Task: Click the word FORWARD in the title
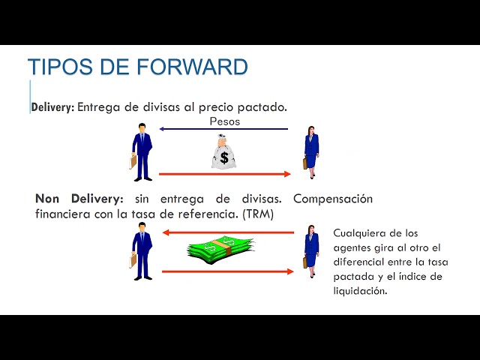(x=193, y=66)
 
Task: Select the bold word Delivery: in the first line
(x=52, y=107)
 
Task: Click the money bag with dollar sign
(x=223, y=151)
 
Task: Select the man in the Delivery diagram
(x=142, y=151)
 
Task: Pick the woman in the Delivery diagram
(x=310, y=151)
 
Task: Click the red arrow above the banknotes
(x=228, y=232)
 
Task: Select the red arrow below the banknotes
(x=228, y=271)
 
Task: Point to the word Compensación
(x=333, y=199)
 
